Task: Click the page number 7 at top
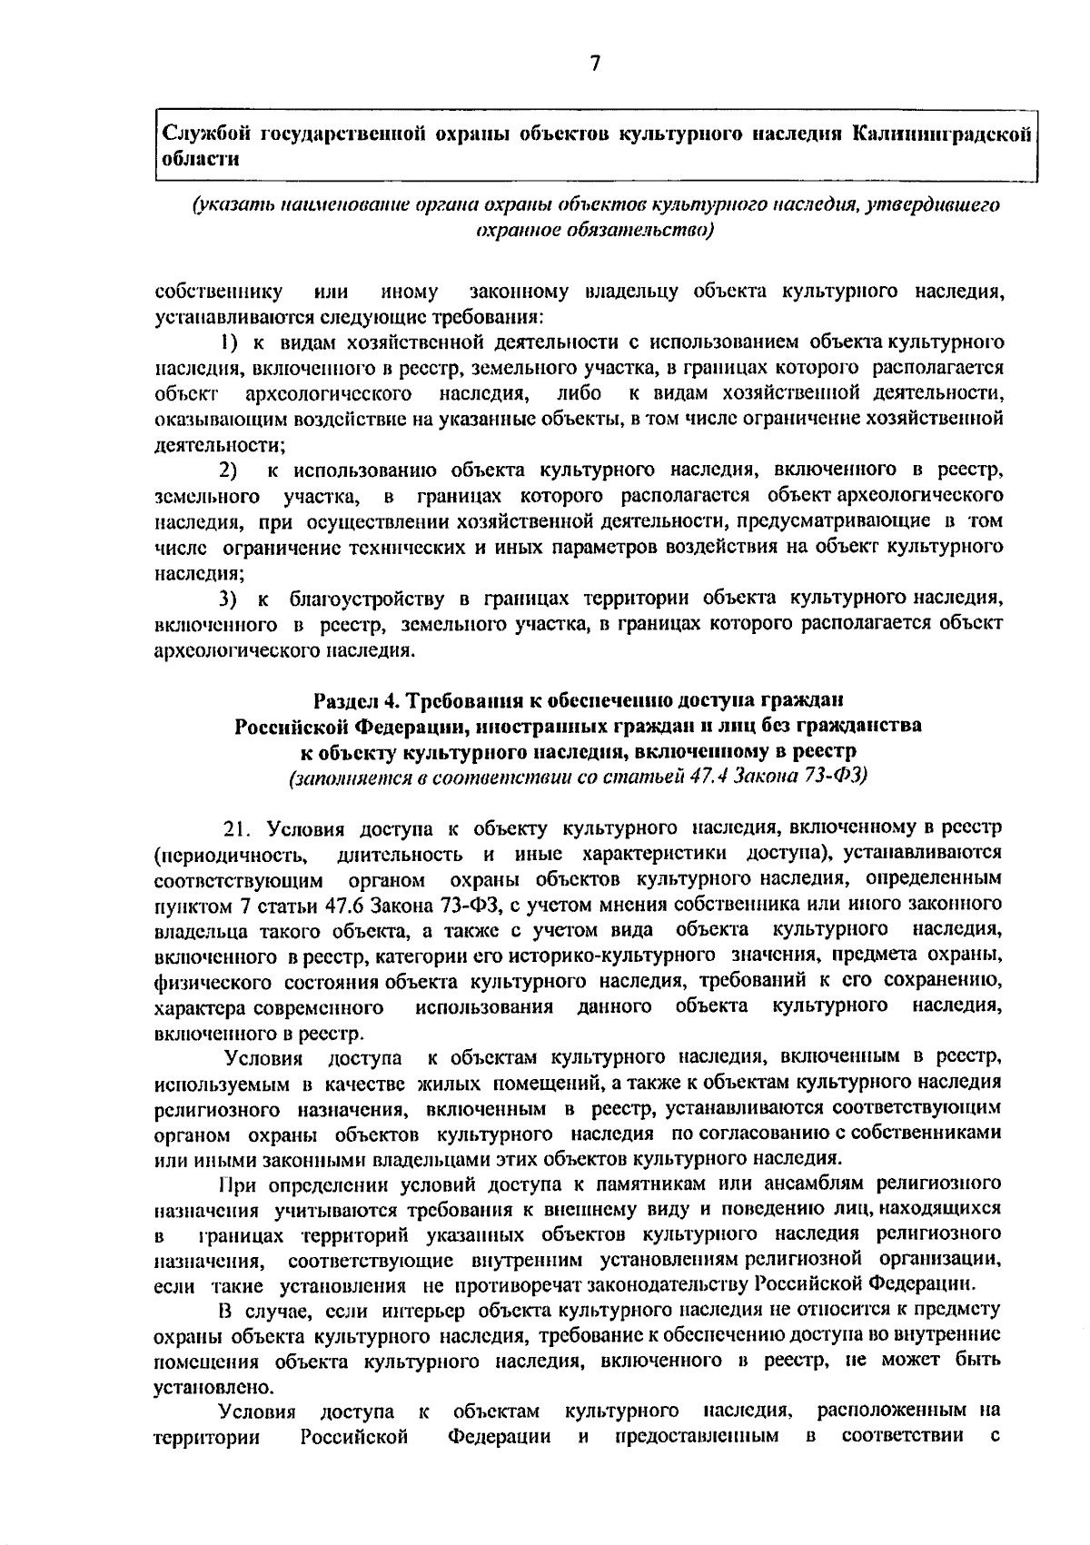coord(595,63)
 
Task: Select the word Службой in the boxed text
coord(205,134)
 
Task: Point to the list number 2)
coord(228,470)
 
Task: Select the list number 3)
coord(229,599)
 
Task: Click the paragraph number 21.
coord(235,828)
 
